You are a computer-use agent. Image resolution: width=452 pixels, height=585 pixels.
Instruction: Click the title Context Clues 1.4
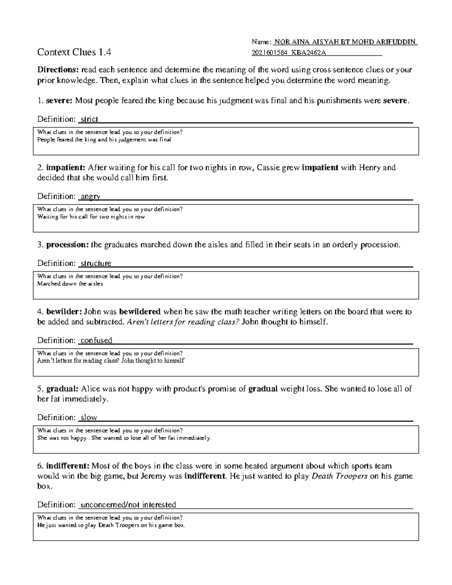tap(74, 52)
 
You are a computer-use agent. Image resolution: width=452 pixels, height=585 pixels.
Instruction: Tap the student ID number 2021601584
tap(267, 53)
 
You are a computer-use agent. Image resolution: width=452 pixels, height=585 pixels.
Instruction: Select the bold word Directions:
tap(58, 70)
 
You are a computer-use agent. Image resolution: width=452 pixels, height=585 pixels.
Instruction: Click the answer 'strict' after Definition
tap(89, 119)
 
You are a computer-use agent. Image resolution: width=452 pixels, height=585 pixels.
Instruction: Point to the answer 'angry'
tap(90, 196)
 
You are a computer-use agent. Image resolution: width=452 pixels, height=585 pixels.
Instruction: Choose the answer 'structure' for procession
tap(96, 263)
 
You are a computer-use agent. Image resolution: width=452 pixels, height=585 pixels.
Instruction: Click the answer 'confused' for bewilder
tap(96, 341)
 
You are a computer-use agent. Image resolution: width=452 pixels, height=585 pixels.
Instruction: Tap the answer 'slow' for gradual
tap(89, 418)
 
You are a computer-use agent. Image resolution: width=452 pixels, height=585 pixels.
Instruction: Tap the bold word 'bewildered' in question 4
tap(140, 312)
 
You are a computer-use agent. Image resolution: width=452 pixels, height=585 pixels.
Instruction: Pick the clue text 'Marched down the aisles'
tap(70, 284)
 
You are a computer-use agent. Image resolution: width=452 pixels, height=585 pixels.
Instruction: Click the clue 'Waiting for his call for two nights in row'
tap(91, 217)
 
